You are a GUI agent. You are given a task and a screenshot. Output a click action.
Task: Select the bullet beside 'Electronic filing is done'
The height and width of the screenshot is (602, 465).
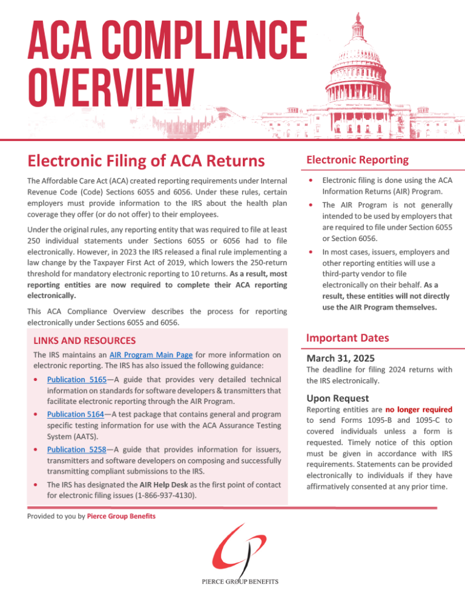[x=311, y=180]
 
